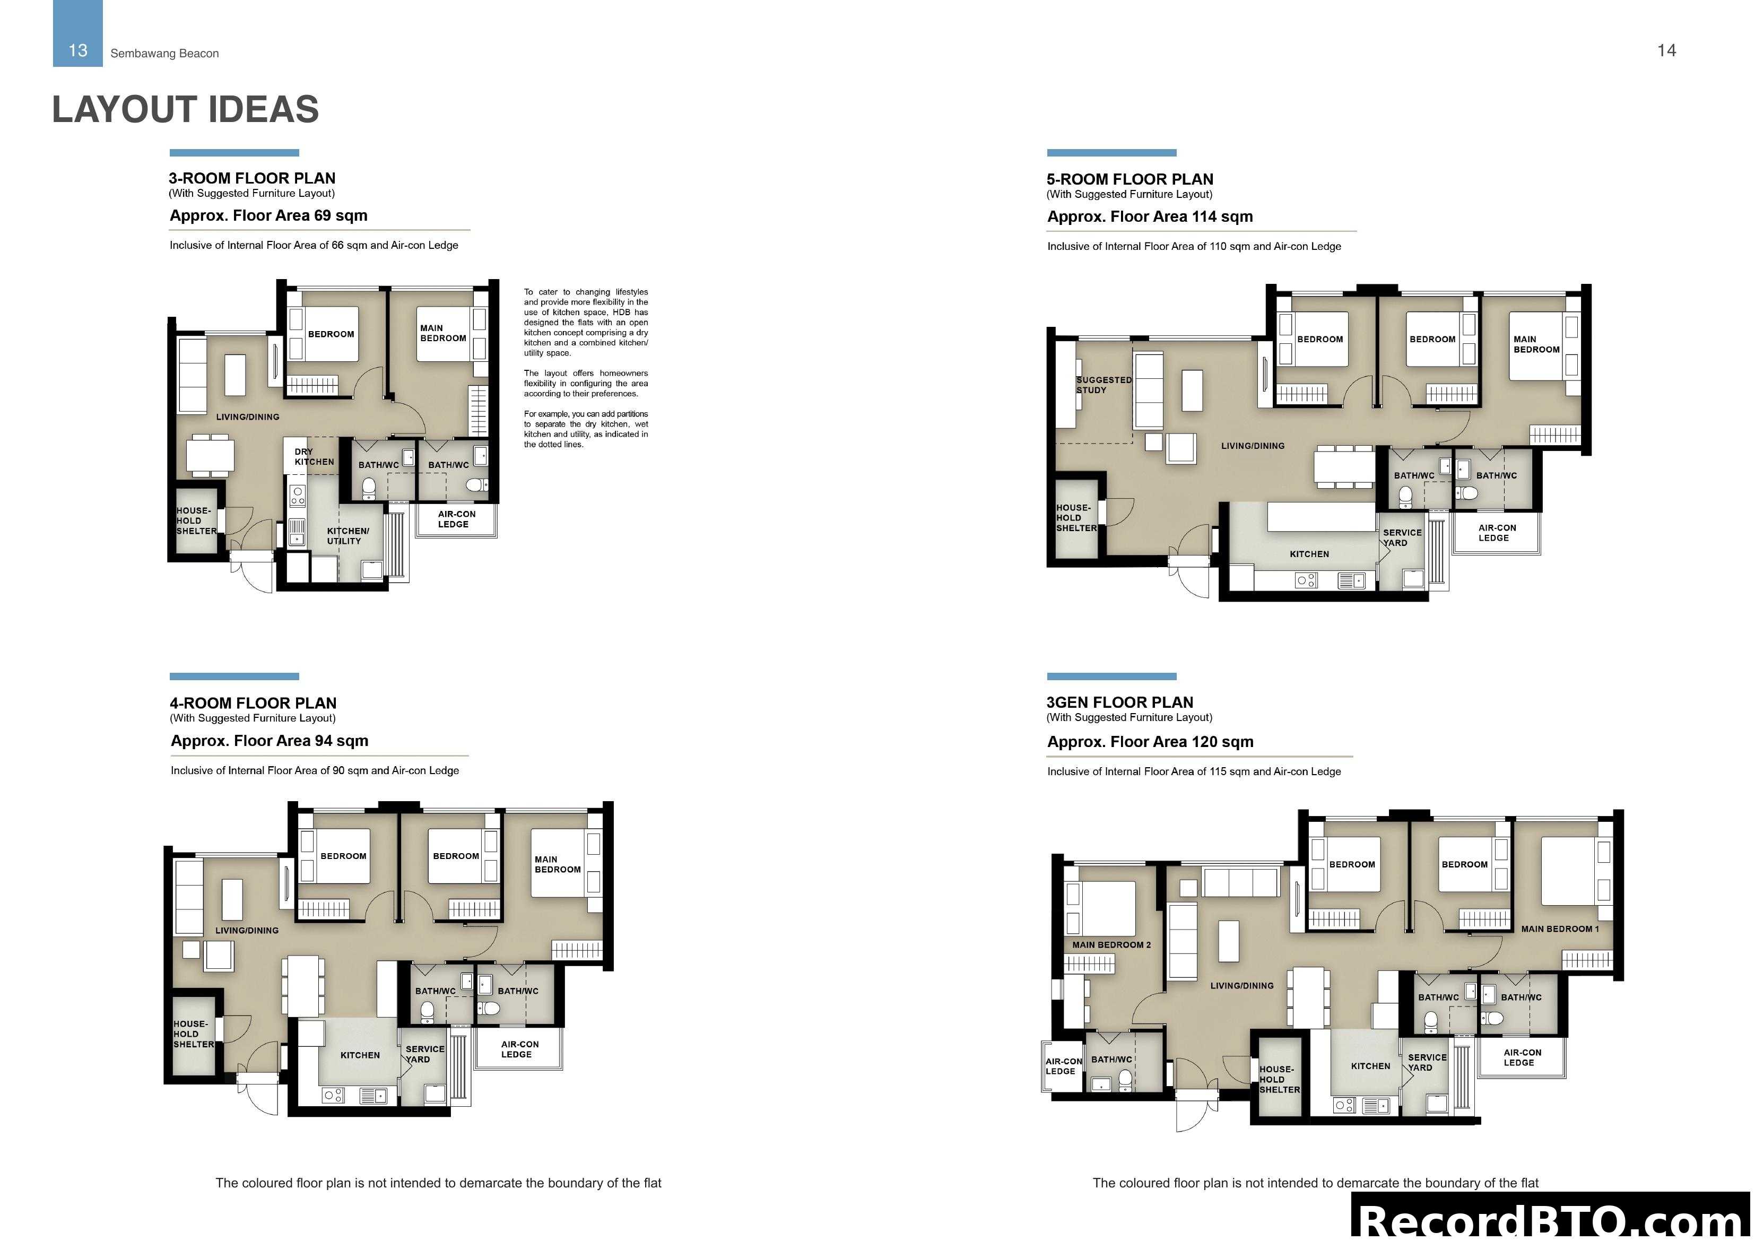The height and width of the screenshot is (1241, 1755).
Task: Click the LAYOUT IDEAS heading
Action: coord(185,109)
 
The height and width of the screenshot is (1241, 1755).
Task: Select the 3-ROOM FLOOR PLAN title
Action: coord(252,178)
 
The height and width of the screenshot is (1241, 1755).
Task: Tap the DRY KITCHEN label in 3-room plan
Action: coord(314,456)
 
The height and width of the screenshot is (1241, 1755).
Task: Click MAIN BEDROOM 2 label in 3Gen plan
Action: coord(1110,944)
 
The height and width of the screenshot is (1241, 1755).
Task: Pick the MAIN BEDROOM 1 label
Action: coord(1559,928)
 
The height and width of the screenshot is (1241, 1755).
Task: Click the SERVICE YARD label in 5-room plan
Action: coord(1401,537)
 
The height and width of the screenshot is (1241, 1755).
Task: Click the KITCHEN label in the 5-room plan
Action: coord(1309,553)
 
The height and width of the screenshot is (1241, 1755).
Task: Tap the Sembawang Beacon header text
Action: coord(164,54)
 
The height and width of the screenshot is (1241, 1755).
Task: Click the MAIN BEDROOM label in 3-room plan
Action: coord(442,333)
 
